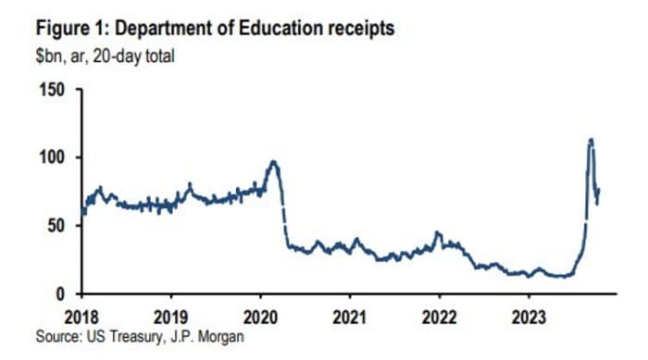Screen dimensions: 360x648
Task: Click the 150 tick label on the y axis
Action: click(53, 90)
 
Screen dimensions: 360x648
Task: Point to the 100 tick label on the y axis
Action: click(53, 157)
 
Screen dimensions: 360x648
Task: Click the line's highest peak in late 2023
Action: click(591, 140)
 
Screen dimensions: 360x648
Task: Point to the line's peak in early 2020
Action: click(272, 162)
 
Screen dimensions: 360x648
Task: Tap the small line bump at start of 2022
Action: click(438, 233)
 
